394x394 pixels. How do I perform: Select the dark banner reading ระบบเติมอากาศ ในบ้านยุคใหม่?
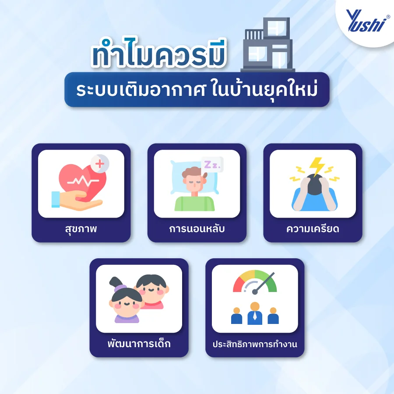(197, 90)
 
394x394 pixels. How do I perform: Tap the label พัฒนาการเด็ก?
(139, 344)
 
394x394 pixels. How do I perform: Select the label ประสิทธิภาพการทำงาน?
(254, 344)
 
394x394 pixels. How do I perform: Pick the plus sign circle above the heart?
(100, 164)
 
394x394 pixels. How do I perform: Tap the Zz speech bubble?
(212, 165)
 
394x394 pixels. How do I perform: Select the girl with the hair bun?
(127, 302)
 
